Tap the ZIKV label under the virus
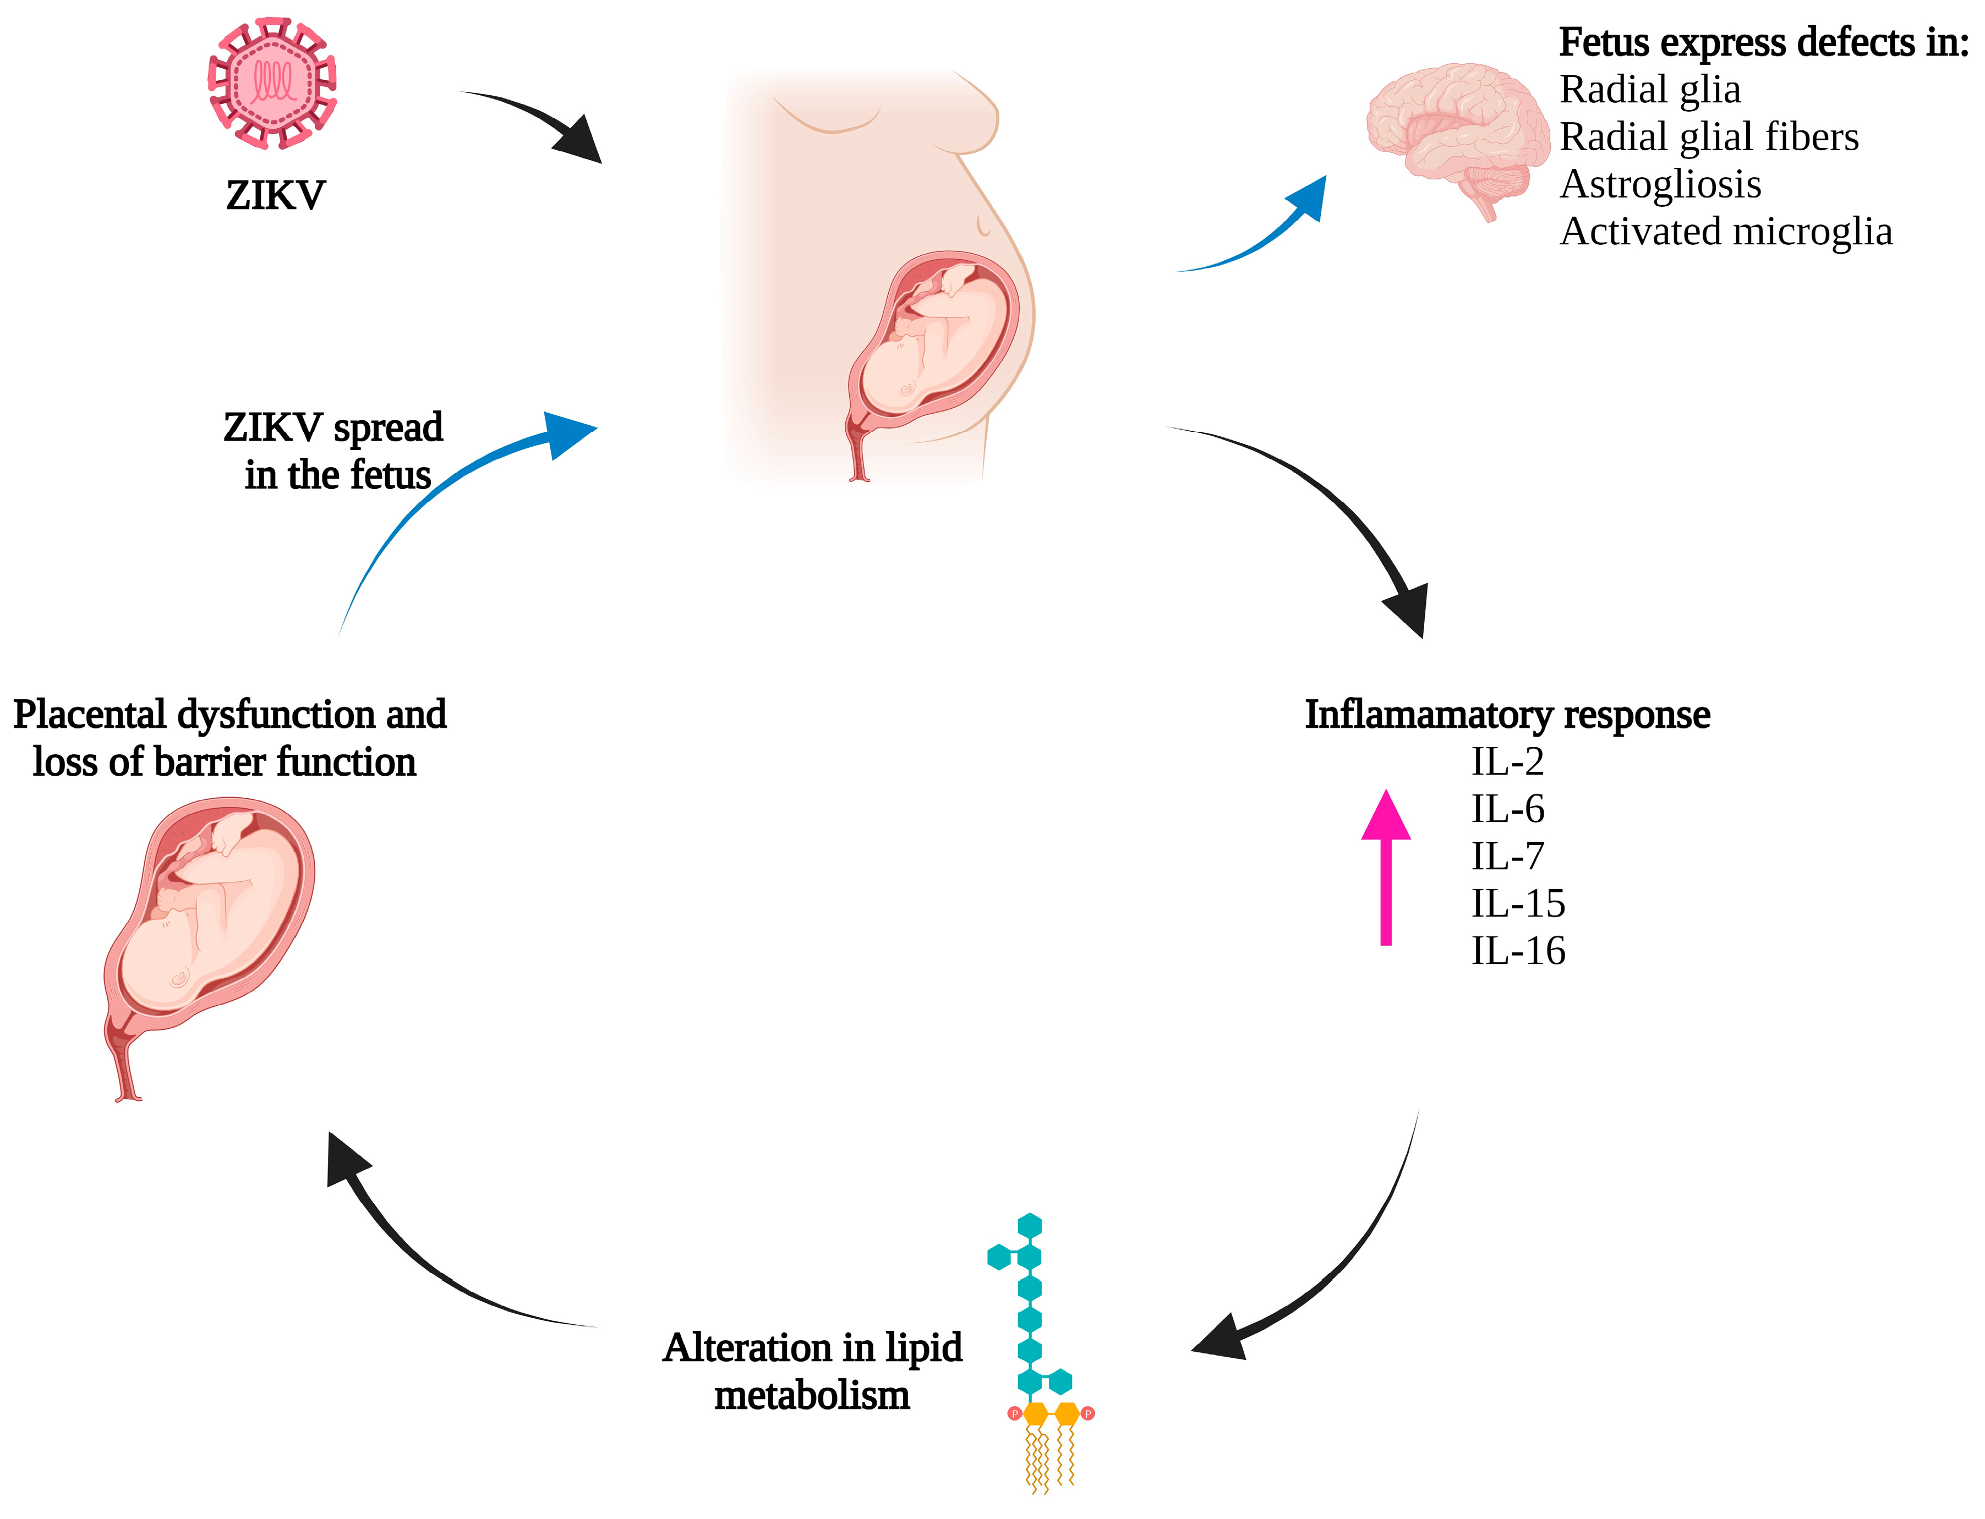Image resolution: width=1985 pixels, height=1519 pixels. pos(275,195)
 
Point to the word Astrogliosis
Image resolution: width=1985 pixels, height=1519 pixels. pos(1660,184)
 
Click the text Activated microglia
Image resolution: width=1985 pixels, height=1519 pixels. pos(1725,232)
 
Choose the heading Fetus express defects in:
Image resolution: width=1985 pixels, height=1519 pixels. pos(1763,42)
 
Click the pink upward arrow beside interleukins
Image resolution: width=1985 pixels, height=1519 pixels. pos(1386,868)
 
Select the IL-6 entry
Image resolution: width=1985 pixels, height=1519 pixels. pos(1507,809)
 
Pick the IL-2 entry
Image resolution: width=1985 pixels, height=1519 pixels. pos(1507,762)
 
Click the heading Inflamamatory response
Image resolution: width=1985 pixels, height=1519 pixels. pos(1507,714)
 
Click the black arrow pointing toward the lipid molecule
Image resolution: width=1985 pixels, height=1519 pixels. pos(1330,1266)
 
